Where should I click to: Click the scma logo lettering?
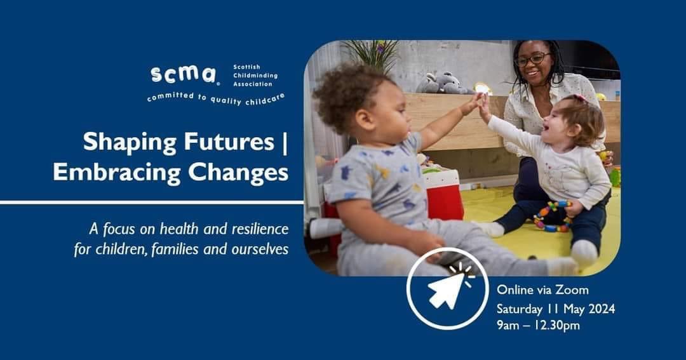[x=183, y=74]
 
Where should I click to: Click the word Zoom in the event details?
[x=572, y=290]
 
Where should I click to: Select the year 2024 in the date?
[x=598, y=309]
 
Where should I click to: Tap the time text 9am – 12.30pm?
[x=538, y=326]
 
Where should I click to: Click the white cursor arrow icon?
[x=447, y=289]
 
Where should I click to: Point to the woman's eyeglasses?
[x=532, y=59]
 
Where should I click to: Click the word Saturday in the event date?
[x=518, y=309]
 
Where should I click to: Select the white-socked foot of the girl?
[x=584, y=253]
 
